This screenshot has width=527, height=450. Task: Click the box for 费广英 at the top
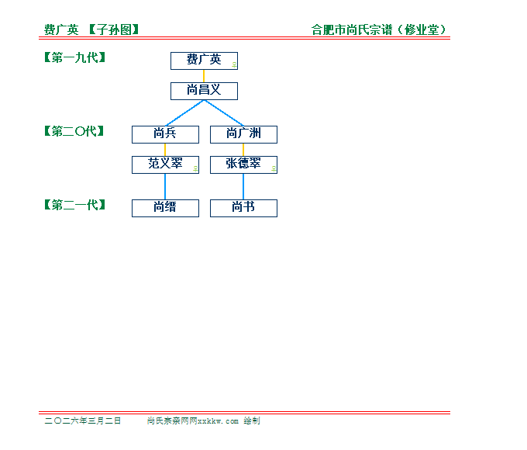click(x=204, y=61)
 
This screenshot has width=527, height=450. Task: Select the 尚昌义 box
click(x=204, y=91)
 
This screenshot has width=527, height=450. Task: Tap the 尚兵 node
click(x=165, y=134)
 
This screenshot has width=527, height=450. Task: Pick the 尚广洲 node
click(x=243, y=134)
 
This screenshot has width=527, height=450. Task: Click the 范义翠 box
click(x=165, y=164)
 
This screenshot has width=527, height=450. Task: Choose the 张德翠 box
click(x=243, y=164)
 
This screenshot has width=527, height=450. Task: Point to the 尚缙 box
click(x=165, y=208)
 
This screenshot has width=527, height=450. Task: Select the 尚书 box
click(x=243, y=208)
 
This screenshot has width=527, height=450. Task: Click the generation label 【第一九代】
click(x=74, y=57)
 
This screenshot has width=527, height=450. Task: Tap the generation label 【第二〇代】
click(x=74, y=131)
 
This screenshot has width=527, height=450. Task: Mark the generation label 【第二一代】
click(x=74, y=205)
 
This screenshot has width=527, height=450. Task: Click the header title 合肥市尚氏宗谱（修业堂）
click(x=379, y=30)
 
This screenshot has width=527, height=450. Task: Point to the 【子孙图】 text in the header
click(x=113, y=30)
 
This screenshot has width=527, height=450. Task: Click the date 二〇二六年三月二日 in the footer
click(x=83, y=421)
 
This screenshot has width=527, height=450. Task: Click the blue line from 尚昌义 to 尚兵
click(x=184, y=112)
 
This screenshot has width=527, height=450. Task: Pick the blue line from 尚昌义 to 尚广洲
click(x=224, y=112)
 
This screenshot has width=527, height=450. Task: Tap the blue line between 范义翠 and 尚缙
click(x=165, y=186)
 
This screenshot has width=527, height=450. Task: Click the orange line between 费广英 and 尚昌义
click(x=204, y=76)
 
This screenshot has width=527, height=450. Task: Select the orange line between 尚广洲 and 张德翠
click(x=243, y=150)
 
